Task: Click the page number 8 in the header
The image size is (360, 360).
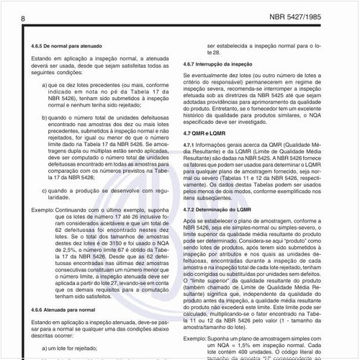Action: coord(24,17)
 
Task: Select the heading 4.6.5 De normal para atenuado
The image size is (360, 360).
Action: coord(67,45)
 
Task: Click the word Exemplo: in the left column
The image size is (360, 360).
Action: coord(43,209)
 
